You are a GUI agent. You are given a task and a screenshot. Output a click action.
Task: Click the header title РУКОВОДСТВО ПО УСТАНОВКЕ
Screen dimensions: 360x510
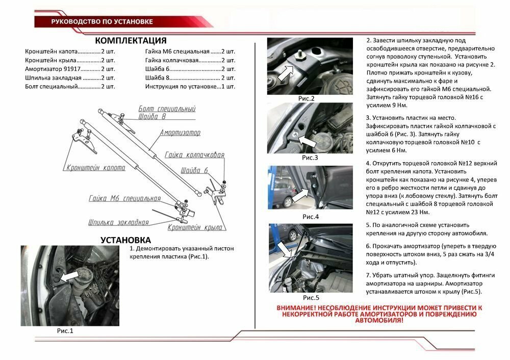tap(101, 22)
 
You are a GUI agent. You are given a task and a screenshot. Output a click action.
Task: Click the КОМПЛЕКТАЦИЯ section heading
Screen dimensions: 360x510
tap(131, 41)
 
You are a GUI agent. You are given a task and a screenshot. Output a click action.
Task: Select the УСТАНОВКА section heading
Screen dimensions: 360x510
tap(125, 240)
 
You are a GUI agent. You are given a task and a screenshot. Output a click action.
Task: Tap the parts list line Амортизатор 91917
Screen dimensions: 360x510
tap(70, 69)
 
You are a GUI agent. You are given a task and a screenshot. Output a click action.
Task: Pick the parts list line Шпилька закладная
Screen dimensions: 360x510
tap(70, 78)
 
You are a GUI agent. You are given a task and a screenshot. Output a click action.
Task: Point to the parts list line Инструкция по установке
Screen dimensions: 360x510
tap(190, 86)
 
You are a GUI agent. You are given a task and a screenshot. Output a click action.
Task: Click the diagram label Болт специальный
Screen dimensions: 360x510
tap(167, 109)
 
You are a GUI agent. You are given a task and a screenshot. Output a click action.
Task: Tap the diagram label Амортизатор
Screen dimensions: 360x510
tap(180, 133)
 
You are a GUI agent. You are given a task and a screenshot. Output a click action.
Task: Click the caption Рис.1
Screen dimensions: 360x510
tap(65, 331)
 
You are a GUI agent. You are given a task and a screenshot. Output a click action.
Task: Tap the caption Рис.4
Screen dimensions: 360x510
tap(311, 216)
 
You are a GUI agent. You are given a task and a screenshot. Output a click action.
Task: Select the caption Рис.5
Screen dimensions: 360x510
tap(311, 297)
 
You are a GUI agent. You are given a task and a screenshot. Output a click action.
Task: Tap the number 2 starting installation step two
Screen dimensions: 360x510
tap(369, 40)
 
